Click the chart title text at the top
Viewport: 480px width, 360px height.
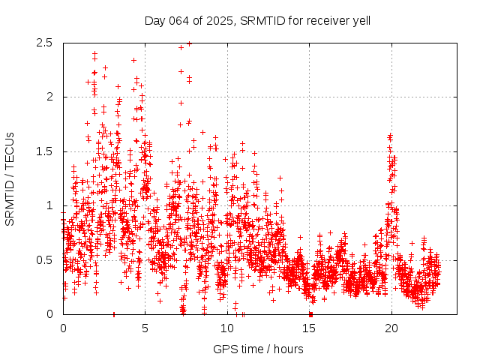click(x=257, y=20)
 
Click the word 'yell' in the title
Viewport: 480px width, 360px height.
click(x=359, y=20)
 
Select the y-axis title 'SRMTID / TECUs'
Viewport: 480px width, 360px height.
click(x=10, y=178)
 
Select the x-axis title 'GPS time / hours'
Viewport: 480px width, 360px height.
click(x=257, y=349)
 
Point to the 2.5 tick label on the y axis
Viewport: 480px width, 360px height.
click(x=43, y=43)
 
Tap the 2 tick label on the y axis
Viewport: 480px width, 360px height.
click(x=49, y=97)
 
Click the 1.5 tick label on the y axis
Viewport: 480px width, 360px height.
click(x=43, y=151)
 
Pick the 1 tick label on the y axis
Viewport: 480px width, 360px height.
click(x=49, y=205)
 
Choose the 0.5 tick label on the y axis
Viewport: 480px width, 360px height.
click(x=43, y=259)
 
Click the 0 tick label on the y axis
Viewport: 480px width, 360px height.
click(x=49, y=314)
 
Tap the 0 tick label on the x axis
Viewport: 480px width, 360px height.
click(x=63, y=328)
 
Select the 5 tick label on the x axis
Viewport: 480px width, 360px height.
click(x=145, y=328)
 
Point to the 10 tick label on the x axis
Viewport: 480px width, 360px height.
click(x=227, y=328)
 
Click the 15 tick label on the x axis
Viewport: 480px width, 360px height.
click(x=309, y=328)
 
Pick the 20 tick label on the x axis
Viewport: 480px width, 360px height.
click(x=391, y=328)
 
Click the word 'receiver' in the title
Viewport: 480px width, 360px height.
click(x=325, y=20)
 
